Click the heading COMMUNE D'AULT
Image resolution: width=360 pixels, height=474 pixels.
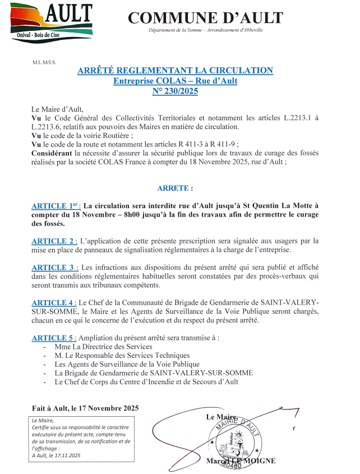tap(206, 17)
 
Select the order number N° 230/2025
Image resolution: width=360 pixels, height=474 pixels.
tap(175, 90)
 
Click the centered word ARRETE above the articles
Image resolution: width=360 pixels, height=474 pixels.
tap(176, 188)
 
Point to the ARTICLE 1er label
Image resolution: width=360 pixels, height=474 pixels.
tap(56, 206)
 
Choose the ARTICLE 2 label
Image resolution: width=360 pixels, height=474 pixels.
tap(54, 241)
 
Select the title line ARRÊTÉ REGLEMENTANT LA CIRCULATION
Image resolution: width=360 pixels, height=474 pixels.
tap(175, 71)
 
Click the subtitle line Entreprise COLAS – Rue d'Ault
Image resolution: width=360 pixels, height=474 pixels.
tap(175, 81)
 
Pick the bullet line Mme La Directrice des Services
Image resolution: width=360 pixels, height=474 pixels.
tap(103, 347)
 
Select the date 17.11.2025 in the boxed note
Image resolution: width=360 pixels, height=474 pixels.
tap(63, 455)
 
